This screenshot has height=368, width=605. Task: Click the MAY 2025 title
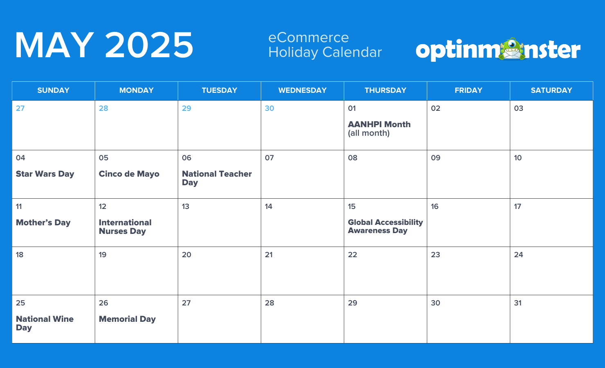tap(104, 45)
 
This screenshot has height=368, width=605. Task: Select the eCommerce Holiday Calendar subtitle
tap(325, 45)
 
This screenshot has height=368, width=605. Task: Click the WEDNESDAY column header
tap(302, 90)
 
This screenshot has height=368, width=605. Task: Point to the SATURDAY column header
tap(551, 90)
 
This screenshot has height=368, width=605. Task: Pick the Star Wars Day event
tap(45, 174)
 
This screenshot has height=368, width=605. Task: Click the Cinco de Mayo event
tap(129, 174)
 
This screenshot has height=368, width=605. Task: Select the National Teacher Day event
tap(217, 178)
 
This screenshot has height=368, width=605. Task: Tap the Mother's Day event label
tap(43, 222)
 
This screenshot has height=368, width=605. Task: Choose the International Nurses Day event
tap(125, 227)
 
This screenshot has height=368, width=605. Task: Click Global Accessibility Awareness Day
tap(385, 226)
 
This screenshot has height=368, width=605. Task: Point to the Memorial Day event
tap(127, 319)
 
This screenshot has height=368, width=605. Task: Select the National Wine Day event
tap(45, 323)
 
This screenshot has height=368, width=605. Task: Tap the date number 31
tap(518, 303)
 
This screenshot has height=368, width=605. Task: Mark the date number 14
tap(269, 206)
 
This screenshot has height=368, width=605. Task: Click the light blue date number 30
tap(269, 108)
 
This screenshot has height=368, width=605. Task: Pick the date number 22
tap(352, 255)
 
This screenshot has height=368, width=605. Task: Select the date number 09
tap(435, 158)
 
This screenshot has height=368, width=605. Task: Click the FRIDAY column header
tap(468, 90)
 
